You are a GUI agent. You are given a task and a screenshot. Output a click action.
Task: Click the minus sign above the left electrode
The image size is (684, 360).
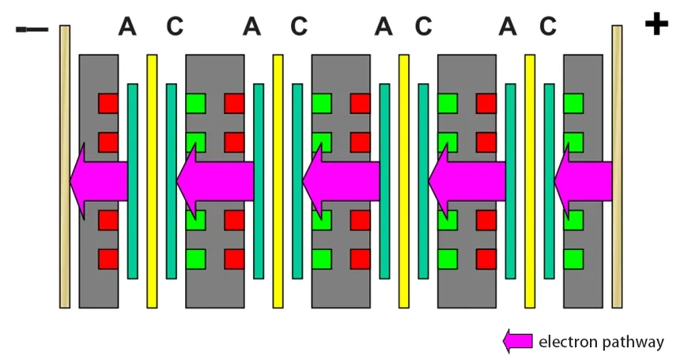pos(32,30)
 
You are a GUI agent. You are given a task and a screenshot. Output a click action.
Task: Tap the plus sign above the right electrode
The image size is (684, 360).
pos(656,25)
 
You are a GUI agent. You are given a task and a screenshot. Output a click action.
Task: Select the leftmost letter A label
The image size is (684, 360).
pos(127,27)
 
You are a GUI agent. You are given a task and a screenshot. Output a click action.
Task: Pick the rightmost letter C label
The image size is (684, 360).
pos(548,27)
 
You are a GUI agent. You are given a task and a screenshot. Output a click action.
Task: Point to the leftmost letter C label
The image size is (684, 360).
pos(175,27)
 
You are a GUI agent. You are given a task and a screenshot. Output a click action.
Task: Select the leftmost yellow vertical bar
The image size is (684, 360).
pos(152,237)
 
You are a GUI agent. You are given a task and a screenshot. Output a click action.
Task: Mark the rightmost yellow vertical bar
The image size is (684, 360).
pos(530,237)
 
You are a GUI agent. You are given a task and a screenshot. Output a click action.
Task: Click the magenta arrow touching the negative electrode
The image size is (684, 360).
pos(99,180)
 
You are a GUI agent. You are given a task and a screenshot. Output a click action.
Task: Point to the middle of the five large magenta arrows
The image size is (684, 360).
pos(341,180)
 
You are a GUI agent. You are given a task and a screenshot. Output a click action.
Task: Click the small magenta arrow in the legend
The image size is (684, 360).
pos(518,341)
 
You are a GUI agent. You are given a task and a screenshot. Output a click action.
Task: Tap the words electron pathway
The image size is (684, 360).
pos(601,342)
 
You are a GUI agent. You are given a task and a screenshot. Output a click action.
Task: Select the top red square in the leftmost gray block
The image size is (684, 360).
pos(108,103)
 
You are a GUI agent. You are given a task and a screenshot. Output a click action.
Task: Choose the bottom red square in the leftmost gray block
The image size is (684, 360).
pos(108,259)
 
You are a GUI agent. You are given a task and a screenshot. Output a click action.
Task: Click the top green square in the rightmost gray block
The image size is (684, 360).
pos(573,103)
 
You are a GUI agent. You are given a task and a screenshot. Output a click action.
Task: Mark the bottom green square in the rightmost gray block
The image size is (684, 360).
pos(573,259)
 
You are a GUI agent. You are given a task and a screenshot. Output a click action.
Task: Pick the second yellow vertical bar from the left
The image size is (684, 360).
pos(278,237)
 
